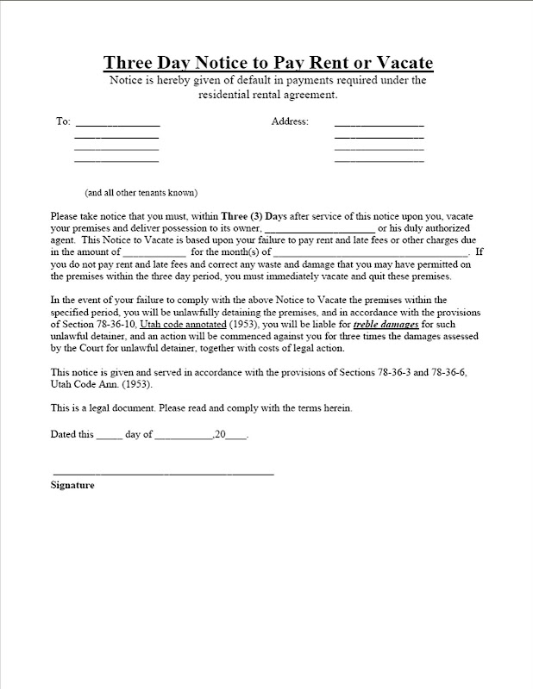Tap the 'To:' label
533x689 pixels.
point(63,121)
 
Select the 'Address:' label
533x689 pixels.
point(290,121)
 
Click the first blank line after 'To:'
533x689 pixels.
point(117,126)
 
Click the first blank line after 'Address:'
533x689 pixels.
point(379,126)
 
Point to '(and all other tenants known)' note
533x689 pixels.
point(141,191)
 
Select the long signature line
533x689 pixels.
point(163,475)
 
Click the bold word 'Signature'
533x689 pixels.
point(72,486)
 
